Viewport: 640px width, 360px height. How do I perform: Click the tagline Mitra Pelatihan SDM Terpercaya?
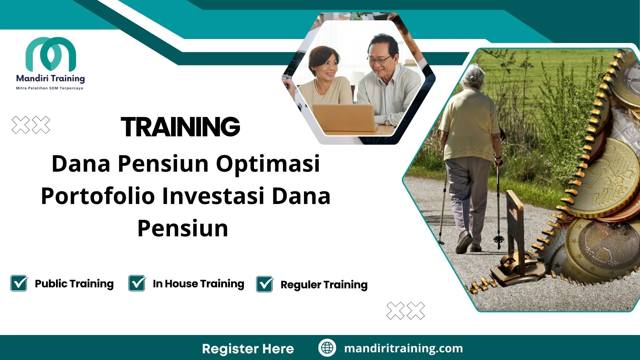50,88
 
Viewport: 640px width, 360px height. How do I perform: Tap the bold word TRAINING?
180,127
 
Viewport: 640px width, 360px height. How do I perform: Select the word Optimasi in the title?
268,164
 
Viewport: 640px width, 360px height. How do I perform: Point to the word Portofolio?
98,196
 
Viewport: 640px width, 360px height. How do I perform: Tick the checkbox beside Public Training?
19,283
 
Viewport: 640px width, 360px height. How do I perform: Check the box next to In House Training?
137,283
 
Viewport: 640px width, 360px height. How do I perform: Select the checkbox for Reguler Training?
265,284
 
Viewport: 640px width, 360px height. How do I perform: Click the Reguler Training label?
324,285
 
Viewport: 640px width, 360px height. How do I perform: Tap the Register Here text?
248,349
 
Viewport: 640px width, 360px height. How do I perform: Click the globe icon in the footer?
327,348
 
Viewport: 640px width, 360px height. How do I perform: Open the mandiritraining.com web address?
403,348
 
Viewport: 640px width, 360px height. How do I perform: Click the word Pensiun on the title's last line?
183,229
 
